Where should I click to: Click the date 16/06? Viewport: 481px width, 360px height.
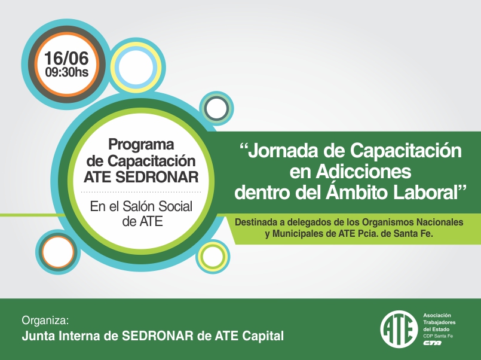click(x=66, y=59)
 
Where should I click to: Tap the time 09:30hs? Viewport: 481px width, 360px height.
click(x=66, y=72)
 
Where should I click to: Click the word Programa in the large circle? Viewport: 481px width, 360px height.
click(x=141, y=145)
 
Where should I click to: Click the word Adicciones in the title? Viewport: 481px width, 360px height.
click(x=363, y=171)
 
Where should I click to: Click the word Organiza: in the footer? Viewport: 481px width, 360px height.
click(x=45, y=321)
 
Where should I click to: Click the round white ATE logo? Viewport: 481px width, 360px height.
click(x=399, y=330)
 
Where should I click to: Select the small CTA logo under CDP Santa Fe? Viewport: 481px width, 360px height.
click(x=432, y=343)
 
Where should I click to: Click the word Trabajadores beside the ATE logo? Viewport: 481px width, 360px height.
click(x=439, y=322)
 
